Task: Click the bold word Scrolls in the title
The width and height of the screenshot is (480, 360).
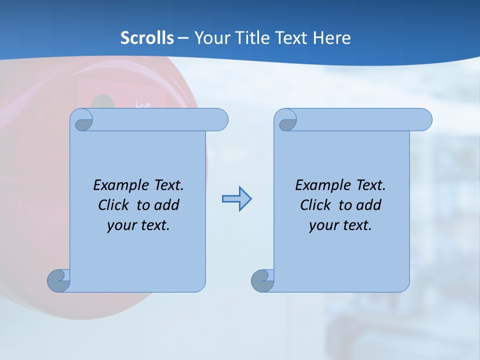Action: tap(147, 38)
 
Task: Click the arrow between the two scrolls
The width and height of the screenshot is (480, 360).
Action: tap(236, 199)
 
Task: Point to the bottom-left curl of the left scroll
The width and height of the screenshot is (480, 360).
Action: tap(58, 280)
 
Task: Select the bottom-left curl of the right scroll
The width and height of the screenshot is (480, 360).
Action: tap(262, 280)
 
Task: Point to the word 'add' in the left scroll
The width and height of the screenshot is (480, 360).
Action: tap(166, 205)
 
